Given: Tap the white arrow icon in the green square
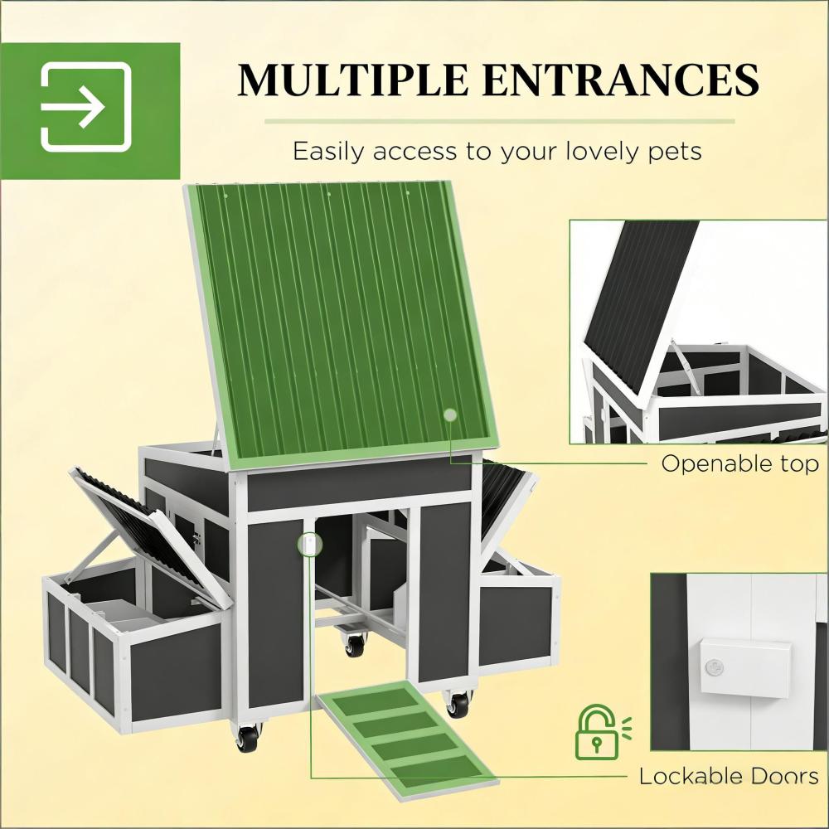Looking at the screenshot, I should click(86, 107).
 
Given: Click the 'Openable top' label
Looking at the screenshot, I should click(739, 464).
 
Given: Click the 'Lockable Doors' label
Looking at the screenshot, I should click(728, 776).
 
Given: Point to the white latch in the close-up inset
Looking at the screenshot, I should click(743, 667).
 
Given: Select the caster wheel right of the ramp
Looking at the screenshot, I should click(458, 704).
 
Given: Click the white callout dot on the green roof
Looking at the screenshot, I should click(450, 414).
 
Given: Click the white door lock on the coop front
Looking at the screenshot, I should click(309, 545).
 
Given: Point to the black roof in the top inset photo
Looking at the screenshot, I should click(642, 298).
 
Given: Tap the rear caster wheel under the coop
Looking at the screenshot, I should click(355, 645).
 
